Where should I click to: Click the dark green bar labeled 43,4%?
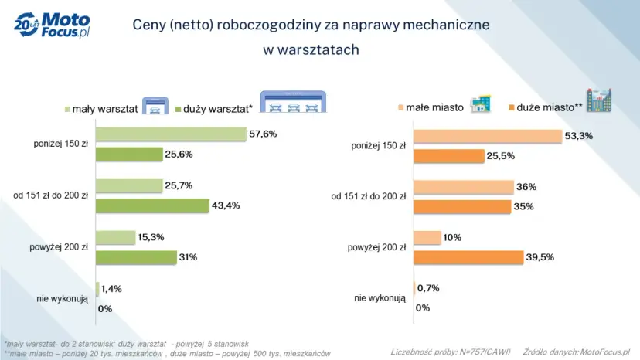tap(151, 205)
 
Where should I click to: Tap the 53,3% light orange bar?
tap(487, 136)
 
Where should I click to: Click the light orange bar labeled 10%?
tap(427, 237)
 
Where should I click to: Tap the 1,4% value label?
tap(112, 289)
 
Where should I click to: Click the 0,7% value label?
tap(428, 289)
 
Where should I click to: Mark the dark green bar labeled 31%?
tap(135, 256)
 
